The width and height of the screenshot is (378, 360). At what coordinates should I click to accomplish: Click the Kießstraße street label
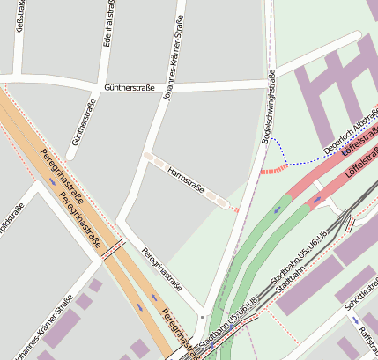click(20, 18)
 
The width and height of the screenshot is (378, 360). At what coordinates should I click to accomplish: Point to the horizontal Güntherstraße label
click(130, 88)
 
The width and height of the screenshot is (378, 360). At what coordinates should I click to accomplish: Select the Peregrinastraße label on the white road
click(161, 268)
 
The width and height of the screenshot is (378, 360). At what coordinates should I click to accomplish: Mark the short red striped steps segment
click(276, 168)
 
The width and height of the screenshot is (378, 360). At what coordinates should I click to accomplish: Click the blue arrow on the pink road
click(317, 200)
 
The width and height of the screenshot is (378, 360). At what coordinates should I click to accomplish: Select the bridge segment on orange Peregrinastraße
click(112, 251)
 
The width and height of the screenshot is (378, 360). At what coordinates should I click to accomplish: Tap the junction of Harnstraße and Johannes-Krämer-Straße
click(147, 156)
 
